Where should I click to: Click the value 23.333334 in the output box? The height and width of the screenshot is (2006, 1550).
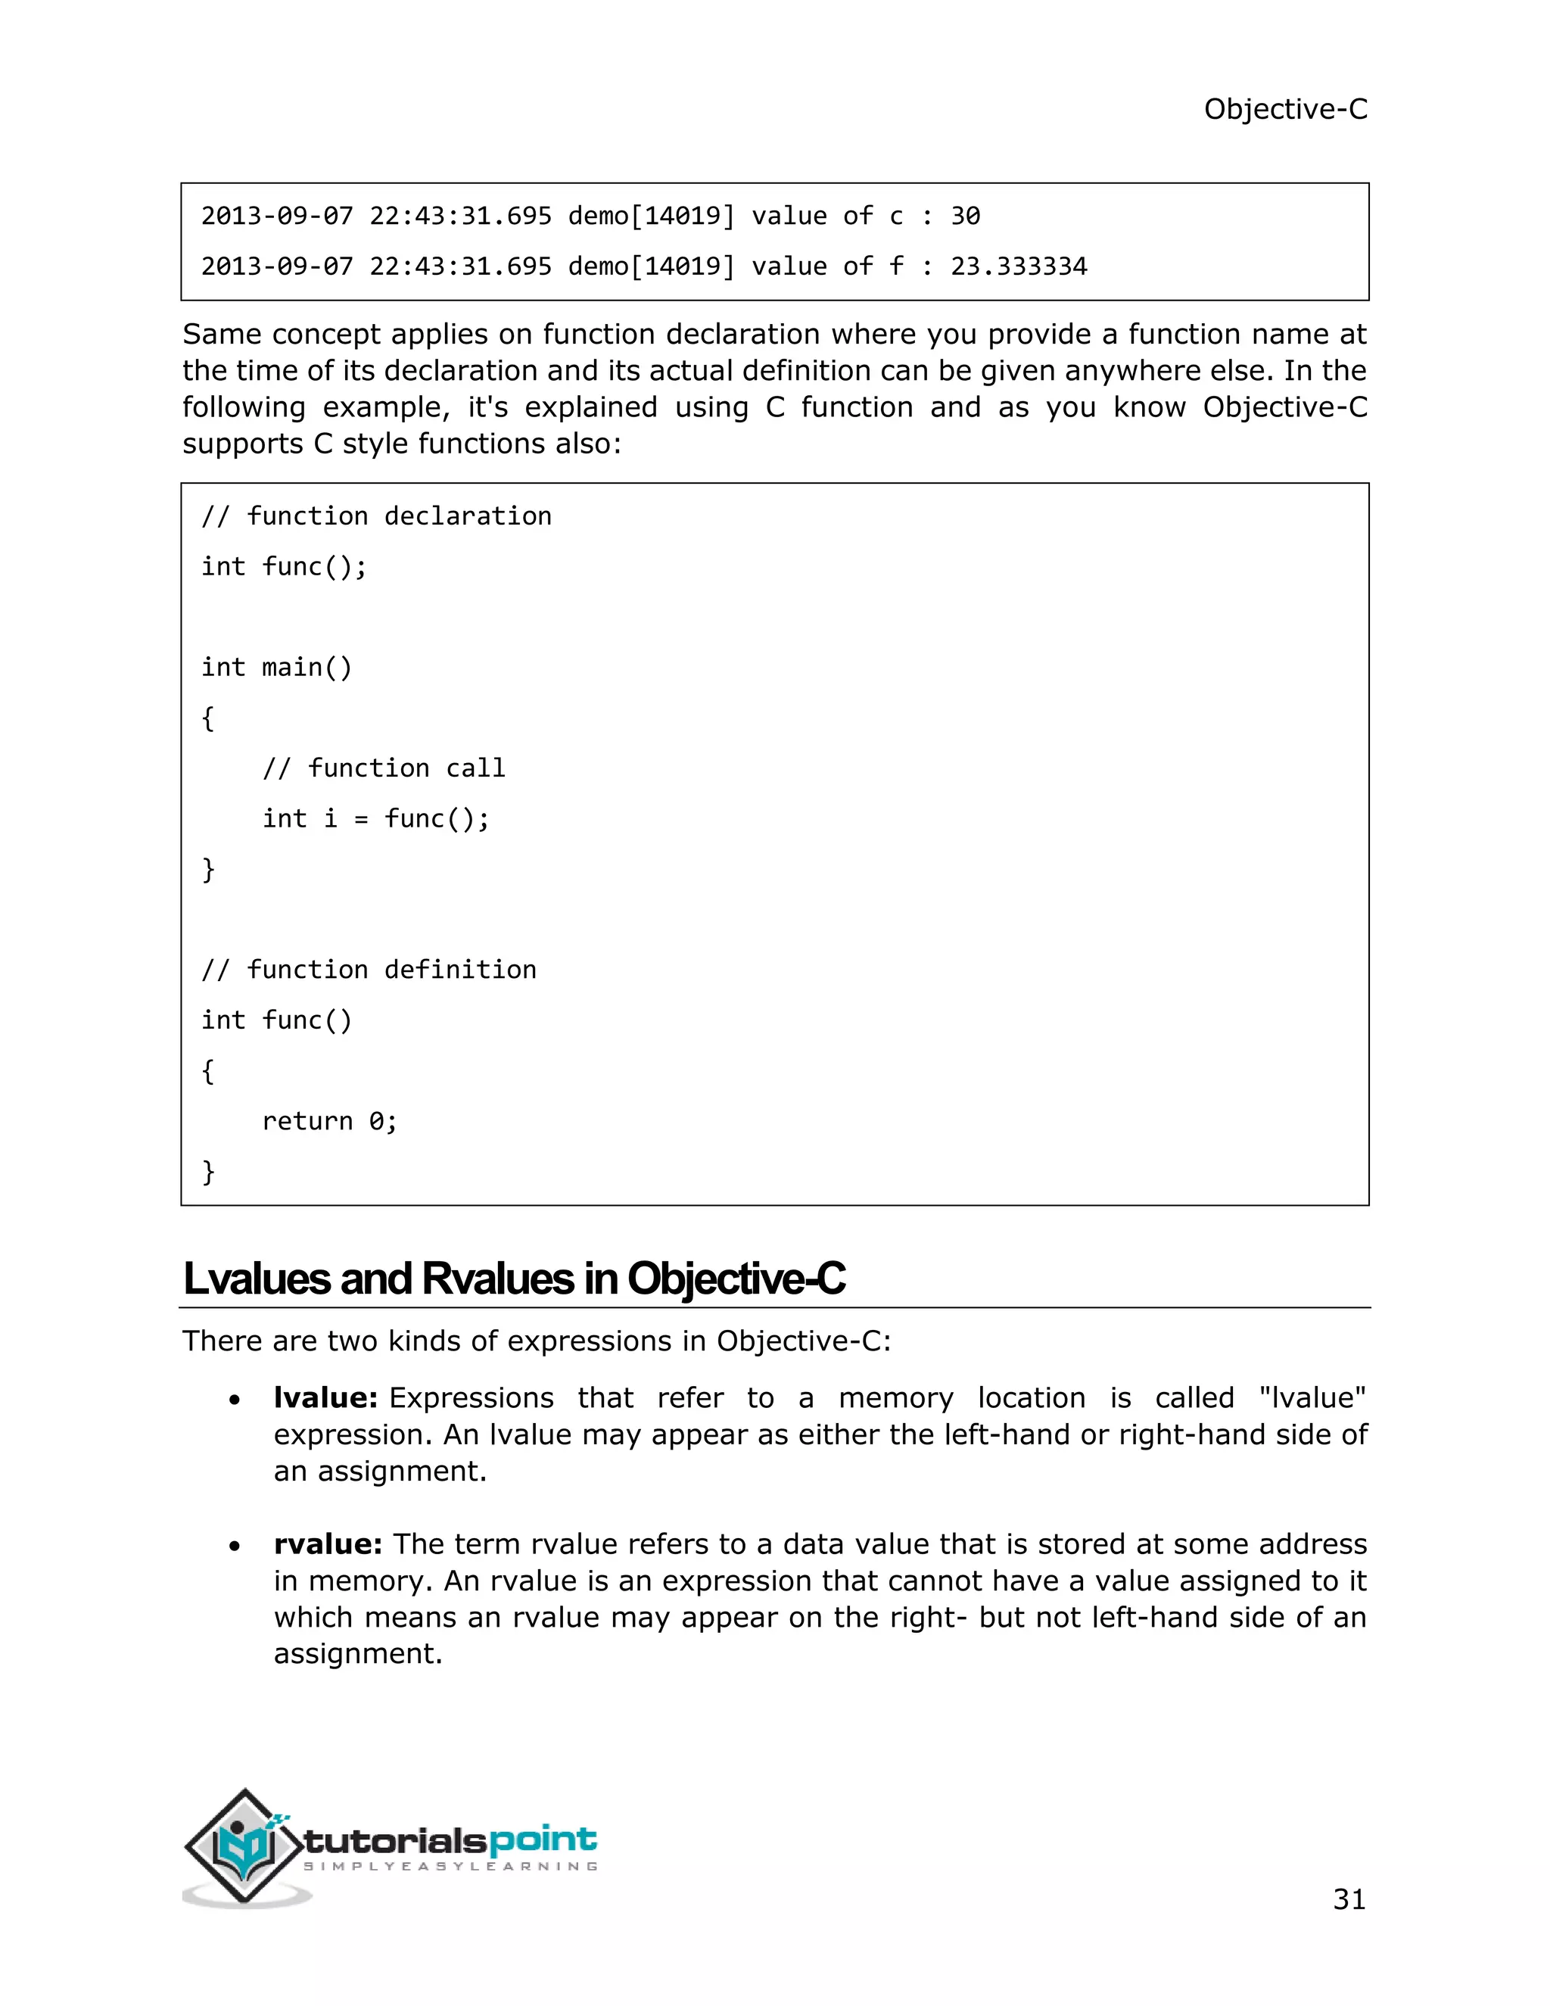click(x=1019, y=266)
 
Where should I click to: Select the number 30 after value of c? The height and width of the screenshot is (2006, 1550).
click(x=965, y=216)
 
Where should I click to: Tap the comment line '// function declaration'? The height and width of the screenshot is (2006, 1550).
click(x=376, y=516)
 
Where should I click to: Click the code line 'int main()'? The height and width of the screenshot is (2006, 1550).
click(x=276, y=667)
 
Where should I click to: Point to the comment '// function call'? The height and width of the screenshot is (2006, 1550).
click(x=384, y=768)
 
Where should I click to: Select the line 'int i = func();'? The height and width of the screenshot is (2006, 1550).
click(x=375, y=818)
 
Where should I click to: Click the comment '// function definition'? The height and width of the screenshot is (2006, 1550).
click(x=369, y=970)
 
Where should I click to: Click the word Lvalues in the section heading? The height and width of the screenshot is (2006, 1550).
click(x=257, y=1279)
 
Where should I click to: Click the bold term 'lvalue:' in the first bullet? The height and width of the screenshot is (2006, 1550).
click(x=325, y=1398)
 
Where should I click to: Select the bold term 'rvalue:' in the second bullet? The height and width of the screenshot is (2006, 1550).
click(x=327, y=1544)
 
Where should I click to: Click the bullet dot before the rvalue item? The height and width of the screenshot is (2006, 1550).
click(x=235, y=1547)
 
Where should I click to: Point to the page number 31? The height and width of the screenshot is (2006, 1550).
click(x=1348, y=1899)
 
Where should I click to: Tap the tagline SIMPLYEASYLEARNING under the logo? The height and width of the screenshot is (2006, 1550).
click(x=450, y=1867)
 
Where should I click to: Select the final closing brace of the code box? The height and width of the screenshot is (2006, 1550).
click(x=208, y=1171)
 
